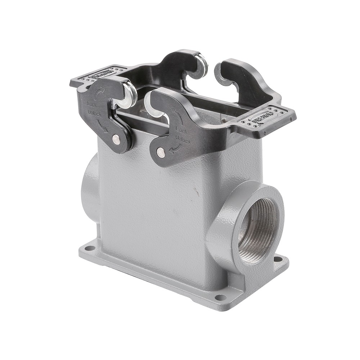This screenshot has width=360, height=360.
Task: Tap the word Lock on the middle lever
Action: tap(181, 129)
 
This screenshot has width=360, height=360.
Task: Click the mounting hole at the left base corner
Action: tap(88, 248)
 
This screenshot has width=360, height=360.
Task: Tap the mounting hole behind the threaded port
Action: tap(278, 259)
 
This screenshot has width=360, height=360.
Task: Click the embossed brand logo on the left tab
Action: tap(102, 75)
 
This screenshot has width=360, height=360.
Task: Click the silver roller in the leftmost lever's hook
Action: tap(129, 94)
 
